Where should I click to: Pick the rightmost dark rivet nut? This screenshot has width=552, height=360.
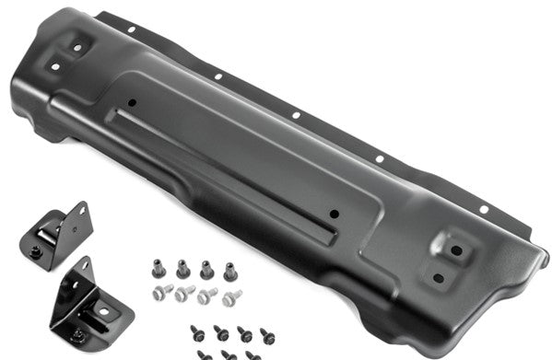pos(229,270)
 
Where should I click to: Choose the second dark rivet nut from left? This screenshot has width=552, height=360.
pos(182,270)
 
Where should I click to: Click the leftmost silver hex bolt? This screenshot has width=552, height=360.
pos(163,293)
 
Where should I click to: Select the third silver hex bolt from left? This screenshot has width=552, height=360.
pos(208,296)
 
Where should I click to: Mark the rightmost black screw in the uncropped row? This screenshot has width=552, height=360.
pos(267,334)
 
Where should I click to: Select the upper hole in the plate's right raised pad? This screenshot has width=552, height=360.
pos(455,250)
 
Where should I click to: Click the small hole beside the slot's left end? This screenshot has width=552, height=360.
pos(133,102)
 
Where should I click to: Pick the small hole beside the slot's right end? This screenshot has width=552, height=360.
pos(335,214)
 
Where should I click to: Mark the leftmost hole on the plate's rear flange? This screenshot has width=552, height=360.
pos(132,30)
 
